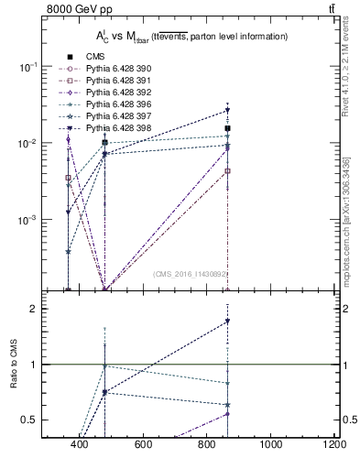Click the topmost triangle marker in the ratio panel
[x=227, y=322]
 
